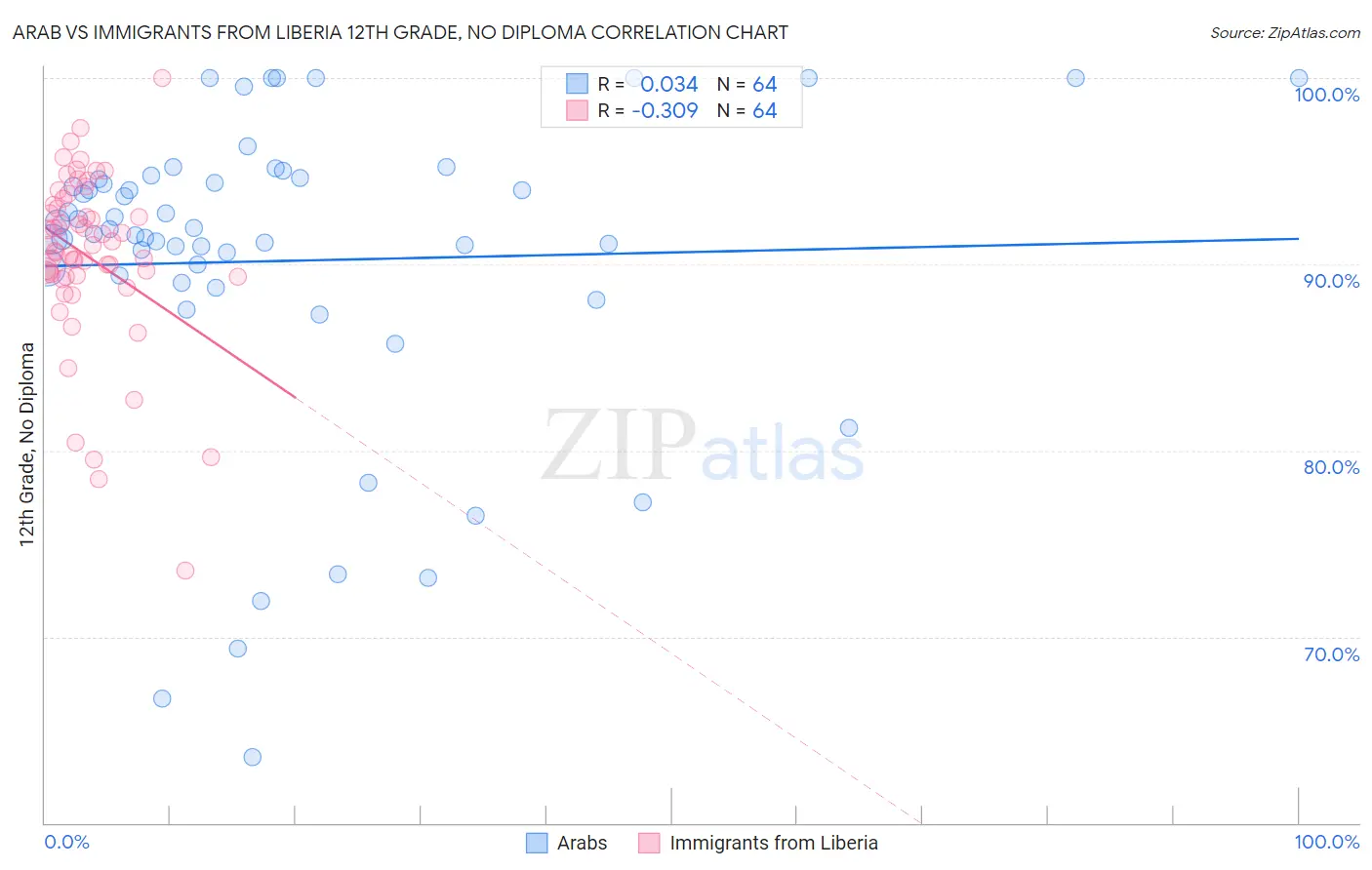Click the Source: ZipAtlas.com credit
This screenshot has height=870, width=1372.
pos(1284,32)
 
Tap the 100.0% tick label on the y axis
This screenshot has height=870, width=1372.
pos(1326,95)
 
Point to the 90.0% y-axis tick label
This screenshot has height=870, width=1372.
pos(1330,281)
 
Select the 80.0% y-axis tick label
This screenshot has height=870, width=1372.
pos(1330,467)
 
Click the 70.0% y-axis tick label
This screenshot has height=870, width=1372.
pos(1330,654)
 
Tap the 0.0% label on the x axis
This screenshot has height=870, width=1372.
pos(66,843)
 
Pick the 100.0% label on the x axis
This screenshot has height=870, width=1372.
pos(1326,843)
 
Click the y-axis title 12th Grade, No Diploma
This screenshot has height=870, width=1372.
pos(27,444)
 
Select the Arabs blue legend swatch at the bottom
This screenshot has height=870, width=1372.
pos(537,843)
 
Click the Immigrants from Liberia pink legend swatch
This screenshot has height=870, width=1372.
pos(649,843)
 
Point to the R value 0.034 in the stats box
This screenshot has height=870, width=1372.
pos(669,85)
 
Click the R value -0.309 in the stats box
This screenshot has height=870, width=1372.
pos(665,111)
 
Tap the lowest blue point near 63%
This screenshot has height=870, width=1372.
pos(252,757)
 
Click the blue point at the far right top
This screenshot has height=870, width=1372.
pos(1298,78)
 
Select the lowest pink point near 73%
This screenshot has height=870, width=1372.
pos(185,571)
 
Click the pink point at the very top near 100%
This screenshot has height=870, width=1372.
pos(162,78)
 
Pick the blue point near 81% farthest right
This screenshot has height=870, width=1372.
pos(849,428)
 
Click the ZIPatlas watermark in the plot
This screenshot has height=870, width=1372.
pos(703,447)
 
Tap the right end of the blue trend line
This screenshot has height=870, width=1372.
pos(1298,238)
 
